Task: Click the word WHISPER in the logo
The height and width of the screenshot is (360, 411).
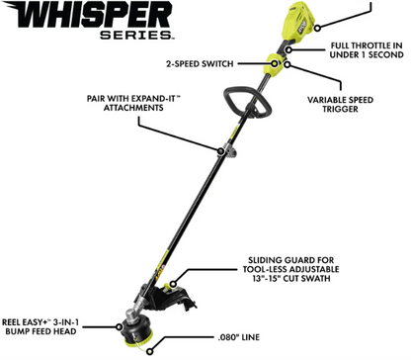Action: (90, 20)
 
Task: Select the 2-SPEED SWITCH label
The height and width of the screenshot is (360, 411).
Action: (202, 63)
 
